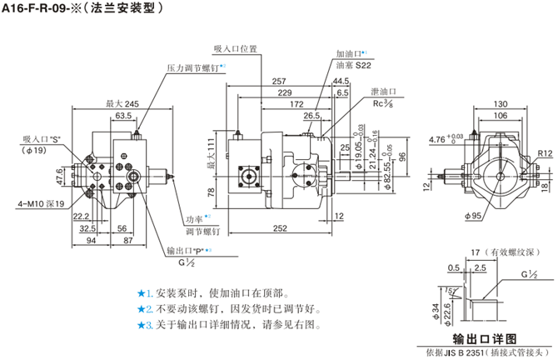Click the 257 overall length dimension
(x=279, y=81)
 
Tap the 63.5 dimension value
(x=124, y=115)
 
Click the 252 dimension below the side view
(x=280, y=227)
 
